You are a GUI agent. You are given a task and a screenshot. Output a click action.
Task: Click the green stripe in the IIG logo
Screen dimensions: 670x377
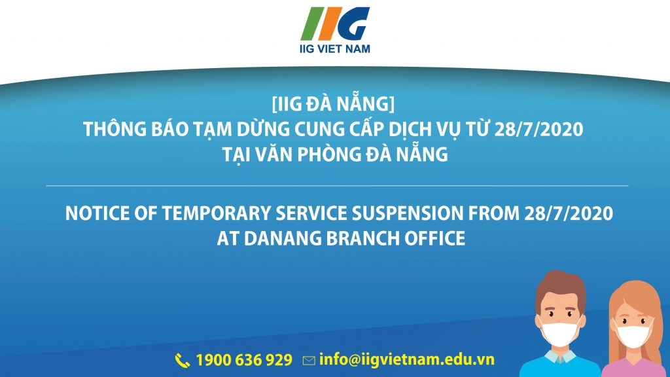(311, 24)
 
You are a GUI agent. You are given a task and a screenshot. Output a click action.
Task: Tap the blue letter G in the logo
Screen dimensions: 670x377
(353, 24)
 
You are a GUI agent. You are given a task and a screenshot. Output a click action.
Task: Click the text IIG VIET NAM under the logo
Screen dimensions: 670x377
(335, 48)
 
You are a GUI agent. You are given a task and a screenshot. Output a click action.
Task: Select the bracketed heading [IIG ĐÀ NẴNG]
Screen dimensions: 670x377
(333, 104)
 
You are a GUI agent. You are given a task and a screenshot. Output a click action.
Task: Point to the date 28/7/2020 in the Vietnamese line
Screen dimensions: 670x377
(539, 129)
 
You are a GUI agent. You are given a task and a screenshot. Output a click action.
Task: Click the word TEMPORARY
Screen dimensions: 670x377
(217, 213)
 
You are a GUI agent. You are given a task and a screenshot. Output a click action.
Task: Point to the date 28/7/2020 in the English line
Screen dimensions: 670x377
(569, 213)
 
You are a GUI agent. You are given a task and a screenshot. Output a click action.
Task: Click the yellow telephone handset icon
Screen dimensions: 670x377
(183, 361)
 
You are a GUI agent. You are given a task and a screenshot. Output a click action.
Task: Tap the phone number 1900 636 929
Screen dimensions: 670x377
(245, 360)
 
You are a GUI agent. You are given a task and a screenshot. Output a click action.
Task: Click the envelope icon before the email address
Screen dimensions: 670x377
(309, 361)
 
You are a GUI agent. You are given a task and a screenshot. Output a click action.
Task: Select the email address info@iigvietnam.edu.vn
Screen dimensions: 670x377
(407, 359)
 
